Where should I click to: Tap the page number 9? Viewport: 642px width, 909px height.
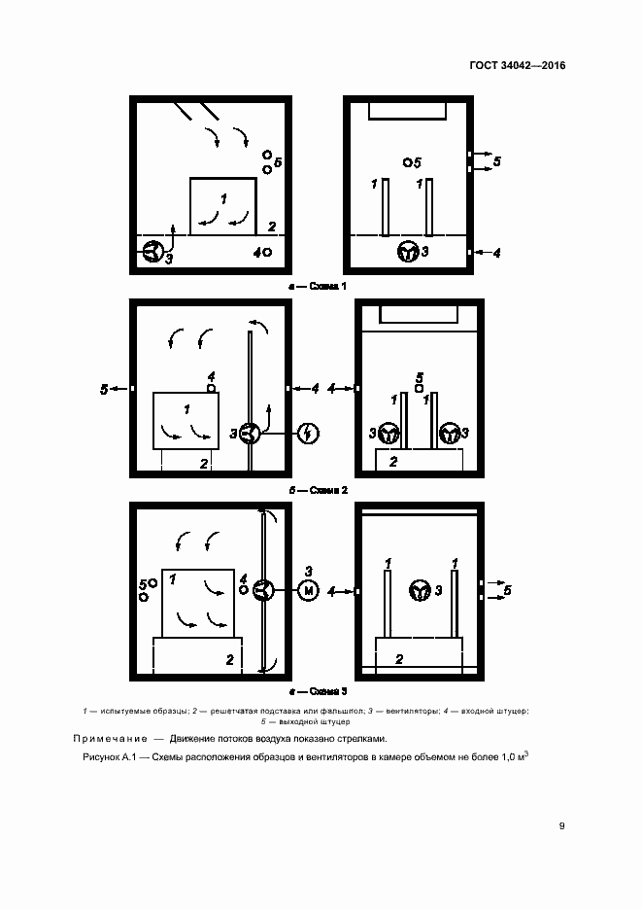coord(561,826)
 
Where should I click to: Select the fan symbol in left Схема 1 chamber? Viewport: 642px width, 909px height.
coord(152,253)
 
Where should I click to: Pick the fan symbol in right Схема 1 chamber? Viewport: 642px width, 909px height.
coord(408,253)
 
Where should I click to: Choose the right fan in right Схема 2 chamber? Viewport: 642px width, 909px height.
coord(449,434)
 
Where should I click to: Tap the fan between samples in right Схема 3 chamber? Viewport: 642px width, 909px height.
coord(421,589)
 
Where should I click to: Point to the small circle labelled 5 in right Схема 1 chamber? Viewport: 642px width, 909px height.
coord(408,162)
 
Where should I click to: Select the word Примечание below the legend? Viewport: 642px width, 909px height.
coord(112,738)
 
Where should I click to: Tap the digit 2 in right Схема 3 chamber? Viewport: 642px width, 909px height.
coord(398,658)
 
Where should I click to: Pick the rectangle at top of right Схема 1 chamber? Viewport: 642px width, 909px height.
coord(408,109)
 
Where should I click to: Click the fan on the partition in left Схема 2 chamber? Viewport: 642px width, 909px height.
coord(250,435)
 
